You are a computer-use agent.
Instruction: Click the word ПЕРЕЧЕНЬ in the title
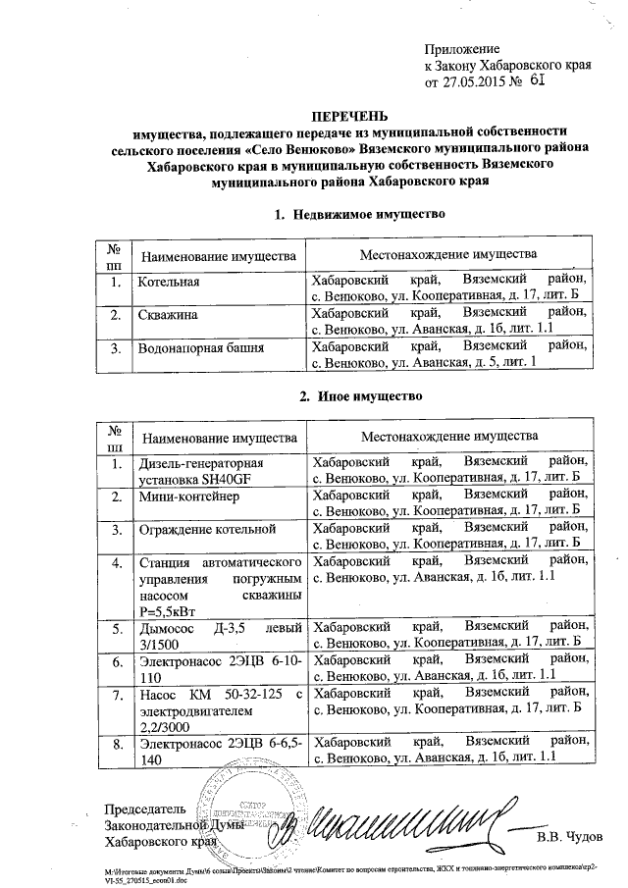351,116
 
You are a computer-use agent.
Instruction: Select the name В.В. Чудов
570,836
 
